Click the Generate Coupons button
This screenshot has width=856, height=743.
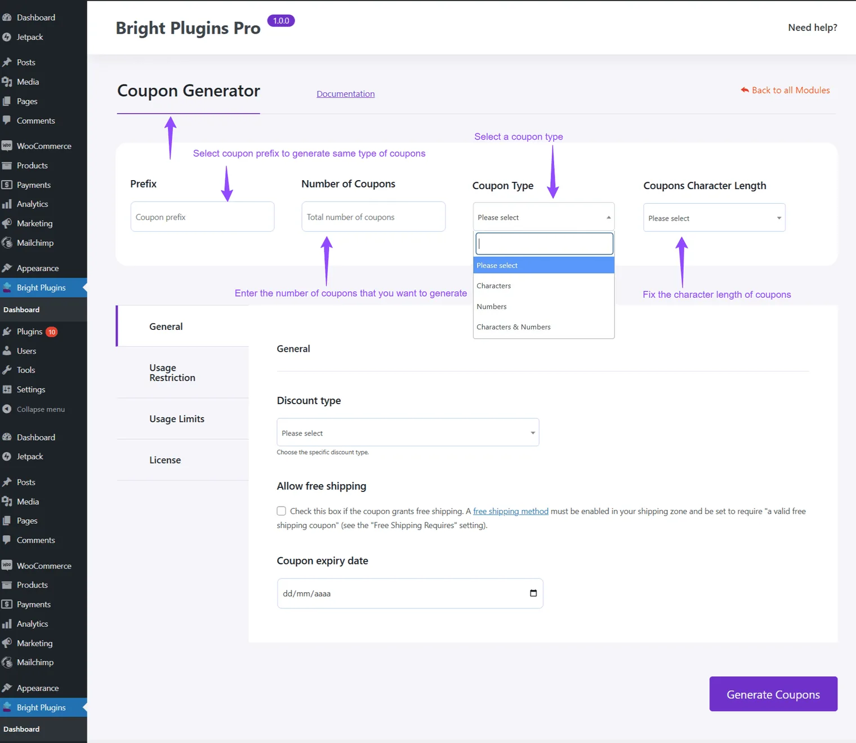(773, 693)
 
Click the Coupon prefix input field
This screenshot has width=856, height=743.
(203, 217)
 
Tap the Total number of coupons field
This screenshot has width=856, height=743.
(373, 217)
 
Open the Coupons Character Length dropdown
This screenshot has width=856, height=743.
(714, 218)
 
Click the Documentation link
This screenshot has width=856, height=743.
(346, 93)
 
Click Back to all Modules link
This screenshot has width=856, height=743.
(785, 90)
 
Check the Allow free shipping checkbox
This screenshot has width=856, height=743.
(281, 511)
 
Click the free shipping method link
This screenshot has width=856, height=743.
(510, 511)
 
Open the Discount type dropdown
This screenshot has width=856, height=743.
(408, 432)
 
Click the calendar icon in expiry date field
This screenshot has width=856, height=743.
(533, 593)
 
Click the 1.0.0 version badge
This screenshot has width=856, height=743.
(281, 20)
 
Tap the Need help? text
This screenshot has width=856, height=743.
(813, 28)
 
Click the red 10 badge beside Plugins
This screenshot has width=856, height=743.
(51, 332)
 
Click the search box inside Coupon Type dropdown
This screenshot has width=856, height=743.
(545, 244)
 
